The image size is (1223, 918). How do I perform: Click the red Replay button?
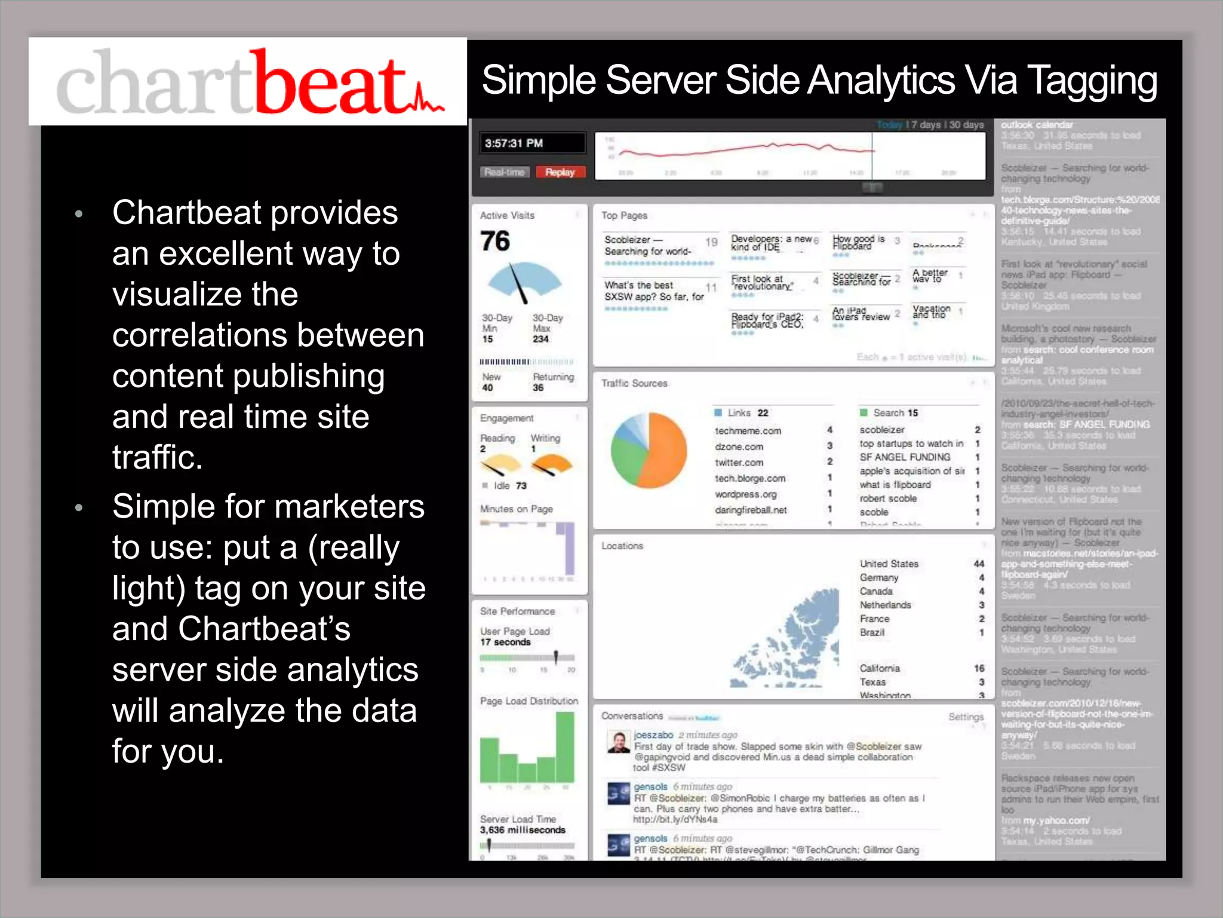click(x=560, y=172)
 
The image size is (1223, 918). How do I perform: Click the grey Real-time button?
click(x=505, y=172)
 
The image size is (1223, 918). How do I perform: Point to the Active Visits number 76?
click(x=495, y=241)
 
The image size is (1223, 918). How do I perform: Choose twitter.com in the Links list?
click(x=739, y=463)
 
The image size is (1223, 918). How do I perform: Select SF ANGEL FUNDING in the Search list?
click(x=905, y=457)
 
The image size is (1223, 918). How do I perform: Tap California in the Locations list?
click(x=880, y=668)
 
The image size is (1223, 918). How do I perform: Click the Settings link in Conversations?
click(x=966, y=717)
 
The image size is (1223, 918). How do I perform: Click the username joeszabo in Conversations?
click(x=653, y=735)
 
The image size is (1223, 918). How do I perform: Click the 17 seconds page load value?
click(x=505, y=642)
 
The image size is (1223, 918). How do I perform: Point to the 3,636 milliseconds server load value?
click(x=523, y=830)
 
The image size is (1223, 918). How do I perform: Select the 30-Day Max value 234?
click(x=540, y=339)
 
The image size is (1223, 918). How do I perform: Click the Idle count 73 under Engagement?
click(x=521, y=486)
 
